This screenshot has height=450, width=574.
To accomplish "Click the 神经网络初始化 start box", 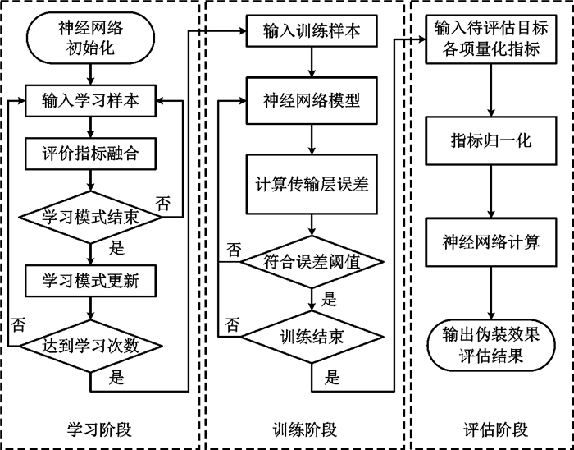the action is coord(90,38).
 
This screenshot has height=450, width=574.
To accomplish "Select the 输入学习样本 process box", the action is coord(90,101).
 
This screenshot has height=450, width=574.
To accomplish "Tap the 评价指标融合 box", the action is coord(90,154).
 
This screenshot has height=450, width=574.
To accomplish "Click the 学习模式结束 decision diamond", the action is coord(90,218).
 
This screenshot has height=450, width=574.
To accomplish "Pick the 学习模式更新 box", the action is coord(90,281).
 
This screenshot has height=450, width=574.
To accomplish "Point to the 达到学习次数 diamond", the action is coord(90,347).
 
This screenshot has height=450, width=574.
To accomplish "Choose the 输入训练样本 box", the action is coord(312,31).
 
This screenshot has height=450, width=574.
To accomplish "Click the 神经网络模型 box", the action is coord(312,100).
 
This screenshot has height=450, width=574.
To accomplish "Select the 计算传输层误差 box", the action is coord(312,184).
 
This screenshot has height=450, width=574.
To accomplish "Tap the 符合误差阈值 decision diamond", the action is coord(312,262).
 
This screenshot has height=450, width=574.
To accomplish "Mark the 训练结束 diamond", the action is coord(312,337).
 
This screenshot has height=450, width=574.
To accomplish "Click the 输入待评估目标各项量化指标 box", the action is coord(491,39).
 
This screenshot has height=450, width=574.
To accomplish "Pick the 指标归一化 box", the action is coord(491,140).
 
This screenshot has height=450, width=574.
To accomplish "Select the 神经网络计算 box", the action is coord(491,242).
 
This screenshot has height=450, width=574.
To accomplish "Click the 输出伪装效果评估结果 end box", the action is coord(491,346).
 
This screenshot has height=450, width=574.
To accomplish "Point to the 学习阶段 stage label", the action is coord(99,429).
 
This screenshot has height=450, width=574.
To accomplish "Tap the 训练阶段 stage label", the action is coord(305,429).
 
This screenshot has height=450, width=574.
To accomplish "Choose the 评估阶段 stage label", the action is coord(495,429).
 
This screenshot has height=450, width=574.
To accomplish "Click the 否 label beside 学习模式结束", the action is coord(163,204).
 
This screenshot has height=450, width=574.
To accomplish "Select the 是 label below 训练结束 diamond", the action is coord(331,377).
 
